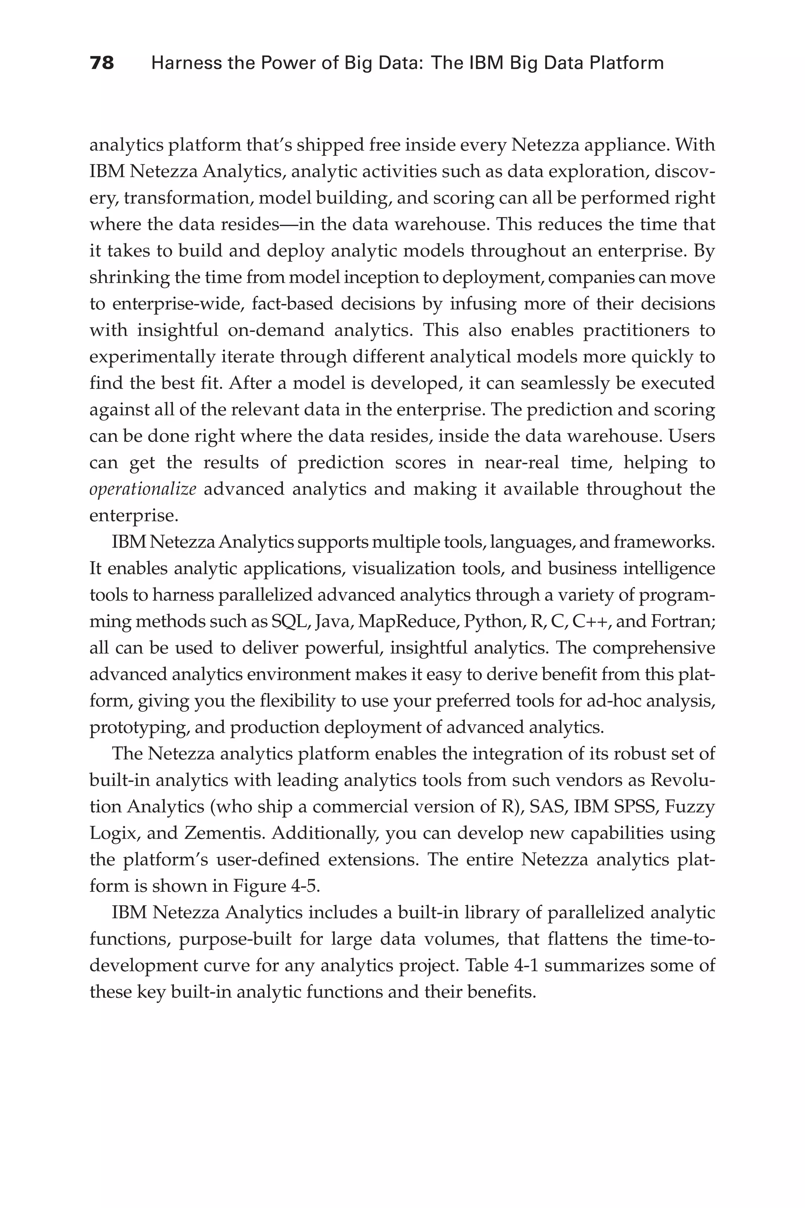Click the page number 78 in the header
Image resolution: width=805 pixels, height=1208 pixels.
pyautogui.click(x=102, y=63)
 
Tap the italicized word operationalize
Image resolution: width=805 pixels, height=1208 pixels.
pyautogui.click(x=143, y=489)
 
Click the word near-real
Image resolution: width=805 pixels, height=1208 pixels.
pyautogui.click(x=522, y=462)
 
